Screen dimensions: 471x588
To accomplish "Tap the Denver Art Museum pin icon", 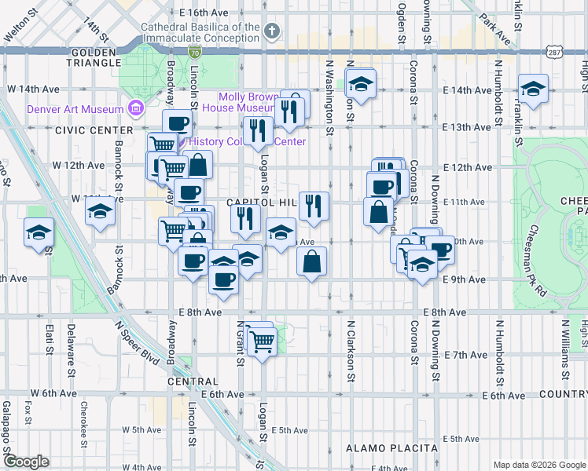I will click(137, 108).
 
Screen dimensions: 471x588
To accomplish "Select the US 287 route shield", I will click(555, 51).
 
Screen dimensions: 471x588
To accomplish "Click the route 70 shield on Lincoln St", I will click(194, 52).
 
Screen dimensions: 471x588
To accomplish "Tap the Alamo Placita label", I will click(391, 448).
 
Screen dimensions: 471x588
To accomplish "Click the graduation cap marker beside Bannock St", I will click(101, 210).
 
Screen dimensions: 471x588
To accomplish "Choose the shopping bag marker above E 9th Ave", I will click(312, 261).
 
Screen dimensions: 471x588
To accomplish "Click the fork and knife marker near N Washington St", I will click(314, 206).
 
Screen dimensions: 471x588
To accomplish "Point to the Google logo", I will click(26, 462).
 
